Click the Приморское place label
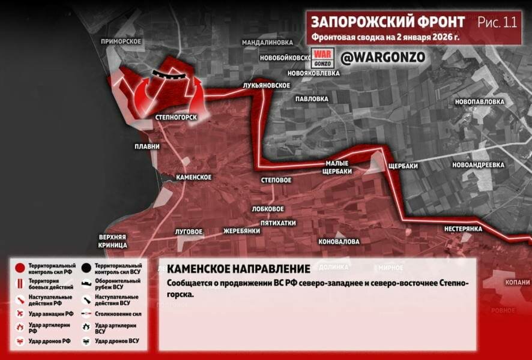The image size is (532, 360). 121,41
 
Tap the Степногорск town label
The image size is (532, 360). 176,116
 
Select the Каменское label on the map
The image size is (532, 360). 193,178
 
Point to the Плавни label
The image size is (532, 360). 148,146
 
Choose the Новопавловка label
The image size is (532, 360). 479,102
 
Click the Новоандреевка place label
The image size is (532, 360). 479,164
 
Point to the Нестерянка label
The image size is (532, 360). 464,229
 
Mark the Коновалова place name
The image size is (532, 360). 339,241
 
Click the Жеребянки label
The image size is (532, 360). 241,231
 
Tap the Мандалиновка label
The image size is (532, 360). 267,43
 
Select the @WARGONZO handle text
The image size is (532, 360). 383,58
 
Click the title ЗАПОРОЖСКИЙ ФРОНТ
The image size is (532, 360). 388,22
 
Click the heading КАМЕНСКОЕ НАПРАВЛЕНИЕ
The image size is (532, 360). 238,269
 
